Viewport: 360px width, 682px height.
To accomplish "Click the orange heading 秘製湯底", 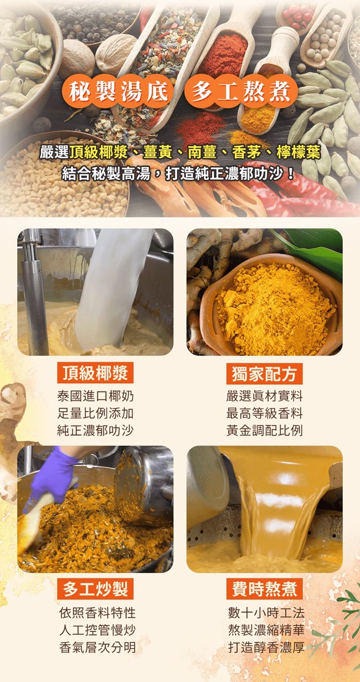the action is pyautogui.click(x=118, y=92).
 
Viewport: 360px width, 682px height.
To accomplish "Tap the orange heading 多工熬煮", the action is pyautogui.click(x=241, y=92).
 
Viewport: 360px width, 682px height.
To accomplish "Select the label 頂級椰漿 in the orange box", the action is pyautogui.click(x=95, y=373).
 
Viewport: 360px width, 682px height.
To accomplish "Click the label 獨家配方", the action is pyautogui.click(x=264, y=374).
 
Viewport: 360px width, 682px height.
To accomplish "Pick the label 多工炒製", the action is pyautogui.click(x=95, y=589).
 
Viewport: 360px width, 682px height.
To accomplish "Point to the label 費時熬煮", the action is pyautogui.click(x=264, y=589).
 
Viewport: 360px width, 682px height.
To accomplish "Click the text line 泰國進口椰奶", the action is pyautogui.click(x=95, y=396).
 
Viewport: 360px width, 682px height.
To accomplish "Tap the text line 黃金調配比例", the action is pyautogui.click(x=264, y=431).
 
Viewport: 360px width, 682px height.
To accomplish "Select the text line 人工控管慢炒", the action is pyautogui.click(x=97, y=630).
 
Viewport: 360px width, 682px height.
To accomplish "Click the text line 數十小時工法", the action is pyautogui.click(x=266, y=613).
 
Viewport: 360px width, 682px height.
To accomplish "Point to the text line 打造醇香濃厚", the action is pyautogui.click(x=266, y=647).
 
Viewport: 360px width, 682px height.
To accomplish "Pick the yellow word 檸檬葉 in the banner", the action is pyautogui.click(x=298, y=153).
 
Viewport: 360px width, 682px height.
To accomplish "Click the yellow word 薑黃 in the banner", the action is pyautogui.click(x=157, y=153).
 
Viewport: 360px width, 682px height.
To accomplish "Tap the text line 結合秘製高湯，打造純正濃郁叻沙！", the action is pyautogui.click(x=178, y=174).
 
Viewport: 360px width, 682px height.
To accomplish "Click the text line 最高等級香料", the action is pyautogui.click(x=264, y=414).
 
